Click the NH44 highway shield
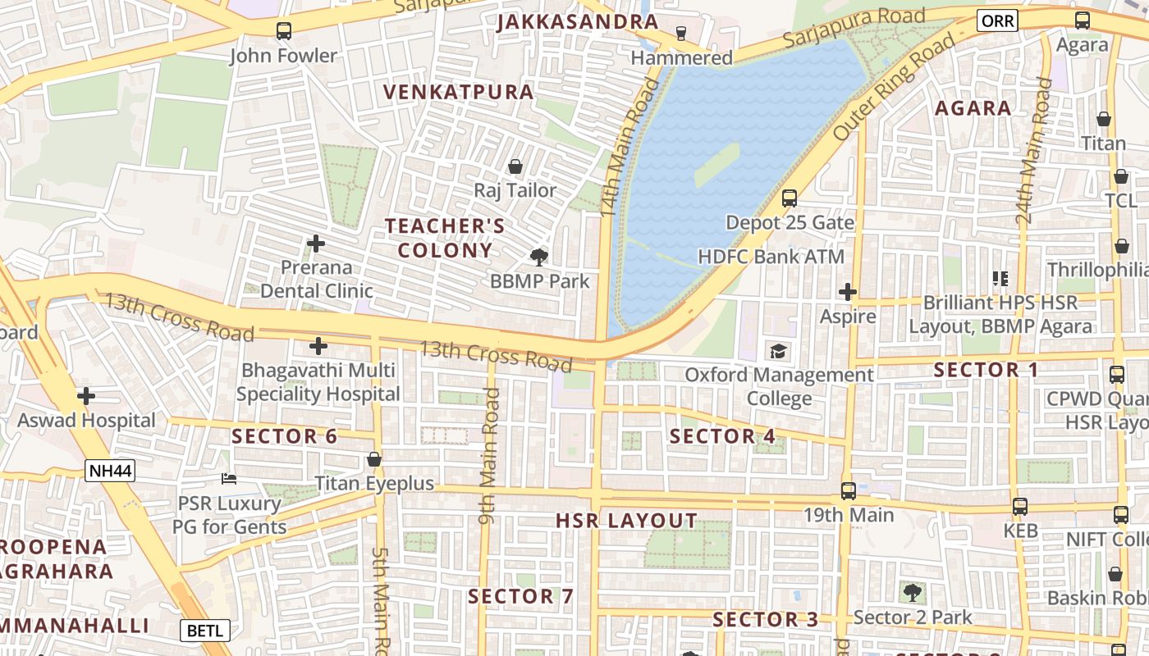click(109, 471)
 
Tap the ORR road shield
click(997, 21)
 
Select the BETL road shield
click(204, 631)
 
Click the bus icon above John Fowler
click(283, 31)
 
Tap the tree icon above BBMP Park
click(539, 257)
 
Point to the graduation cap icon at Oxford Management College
click(777, 352)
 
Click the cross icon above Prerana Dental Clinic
click(316, 244)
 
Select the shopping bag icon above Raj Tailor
click(515, 167)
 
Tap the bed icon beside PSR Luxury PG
click(229, 479)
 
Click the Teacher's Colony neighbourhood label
click(445, 238)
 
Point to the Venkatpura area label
click(460, 92)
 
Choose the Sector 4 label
click(722, 436)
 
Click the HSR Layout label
click(626, 521)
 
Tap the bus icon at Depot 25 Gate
click(789, 198)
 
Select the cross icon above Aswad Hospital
click(86, 397)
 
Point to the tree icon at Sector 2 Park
click(912, 592)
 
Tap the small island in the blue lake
click(717, 164)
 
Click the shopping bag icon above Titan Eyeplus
click(374, 460)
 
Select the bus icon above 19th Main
click(848, 491)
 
